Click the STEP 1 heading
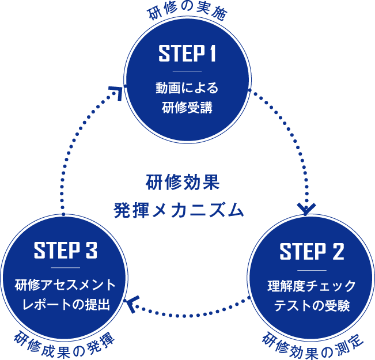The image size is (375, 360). [x=187, y=54]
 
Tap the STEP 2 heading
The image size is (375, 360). [x=312, y=252]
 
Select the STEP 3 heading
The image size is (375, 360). [x=65, y=251]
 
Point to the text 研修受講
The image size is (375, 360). [x=187, y=107]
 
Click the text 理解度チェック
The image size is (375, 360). [x=312, y=286]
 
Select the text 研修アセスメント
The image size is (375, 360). [x=65, y=285]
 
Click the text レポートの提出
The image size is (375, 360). [x=65, y=304]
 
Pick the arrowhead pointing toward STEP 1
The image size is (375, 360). [x=116, y=92]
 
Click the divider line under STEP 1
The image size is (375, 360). [x=187, y=71]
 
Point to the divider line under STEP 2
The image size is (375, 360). [x=312, y=269]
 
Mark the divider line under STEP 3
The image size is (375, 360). [x=65, y=268]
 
